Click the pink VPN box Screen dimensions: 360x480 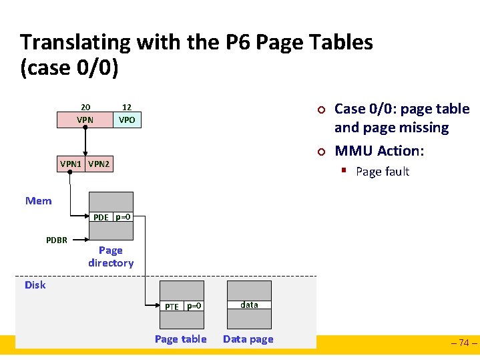tap(85, 120)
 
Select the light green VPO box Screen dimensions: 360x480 tap(127, 120)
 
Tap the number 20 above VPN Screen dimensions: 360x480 tap(85, 107)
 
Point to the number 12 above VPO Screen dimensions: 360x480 tap(127, 107)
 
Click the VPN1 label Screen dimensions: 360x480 tap(71, 164)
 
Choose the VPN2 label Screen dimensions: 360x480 tap(99, 164)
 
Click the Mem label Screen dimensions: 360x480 tap(38, 201)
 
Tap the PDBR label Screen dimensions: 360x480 tap(57, 240)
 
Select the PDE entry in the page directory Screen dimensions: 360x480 tap(101, 217)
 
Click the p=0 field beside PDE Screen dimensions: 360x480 tap(123, 217)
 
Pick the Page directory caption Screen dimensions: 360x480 tap(111, 256)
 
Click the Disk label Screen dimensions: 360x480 tap(35, 285)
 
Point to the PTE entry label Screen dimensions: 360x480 tap(172, 307)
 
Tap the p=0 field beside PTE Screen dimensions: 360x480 tap(194, 306)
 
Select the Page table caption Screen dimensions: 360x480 tap(180, 339)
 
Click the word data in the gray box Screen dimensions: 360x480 tap(249, 305)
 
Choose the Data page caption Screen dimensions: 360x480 tap(248, 339)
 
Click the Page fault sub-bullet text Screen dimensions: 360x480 tap(383, 172)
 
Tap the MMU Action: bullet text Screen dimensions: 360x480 tap(379, 151)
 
